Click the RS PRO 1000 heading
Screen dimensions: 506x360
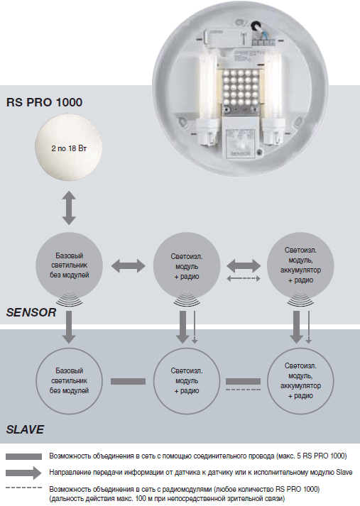(x=45, y=102)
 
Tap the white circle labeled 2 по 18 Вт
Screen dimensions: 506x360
(x=68, y=150)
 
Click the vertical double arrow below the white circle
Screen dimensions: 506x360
(x=68, y=209)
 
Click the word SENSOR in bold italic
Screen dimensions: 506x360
(x=31, y=312)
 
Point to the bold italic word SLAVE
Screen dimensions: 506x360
(x=25, y=429)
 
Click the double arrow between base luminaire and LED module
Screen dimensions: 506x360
(x=128, y=265)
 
